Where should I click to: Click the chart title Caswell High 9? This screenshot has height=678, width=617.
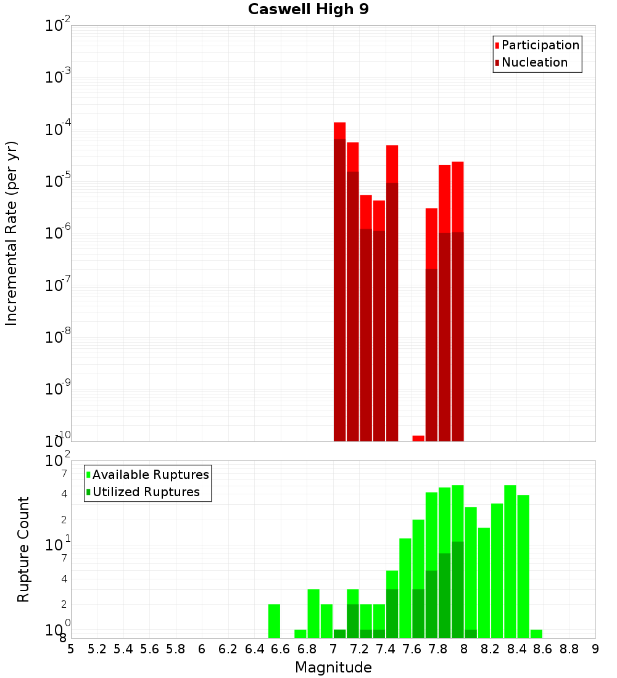click(308, 10)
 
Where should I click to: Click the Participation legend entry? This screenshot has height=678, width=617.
click(540, 46)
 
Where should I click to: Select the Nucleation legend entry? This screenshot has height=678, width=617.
click(534, 63)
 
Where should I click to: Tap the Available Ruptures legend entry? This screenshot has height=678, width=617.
click(151, 475)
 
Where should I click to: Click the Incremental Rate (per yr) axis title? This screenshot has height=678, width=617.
click(12, 233)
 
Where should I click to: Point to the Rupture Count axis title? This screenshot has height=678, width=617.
click(23, 549)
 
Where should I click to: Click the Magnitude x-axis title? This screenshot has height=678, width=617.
click(333, 668)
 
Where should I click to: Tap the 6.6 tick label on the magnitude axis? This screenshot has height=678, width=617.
click(281, 648)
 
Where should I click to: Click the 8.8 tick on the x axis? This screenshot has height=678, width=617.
click(569, 648)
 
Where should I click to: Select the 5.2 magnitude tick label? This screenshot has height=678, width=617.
click(97, 648)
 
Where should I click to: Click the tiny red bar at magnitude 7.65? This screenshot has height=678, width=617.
click(418, 438)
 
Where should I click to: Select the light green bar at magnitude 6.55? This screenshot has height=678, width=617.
click(275, 621)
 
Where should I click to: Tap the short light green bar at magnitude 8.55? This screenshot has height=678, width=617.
click(537, 634)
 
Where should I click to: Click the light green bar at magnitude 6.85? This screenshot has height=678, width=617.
click(313, 613)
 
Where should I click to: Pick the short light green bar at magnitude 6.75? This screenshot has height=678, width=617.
click(300, 634)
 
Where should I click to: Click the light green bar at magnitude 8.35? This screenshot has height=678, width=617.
click(510, 561)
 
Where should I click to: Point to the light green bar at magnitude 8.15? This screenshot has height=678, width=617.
click(484, 582)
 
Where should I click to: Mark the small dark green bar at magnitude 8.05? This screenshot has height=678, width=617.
click(471, 634)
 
